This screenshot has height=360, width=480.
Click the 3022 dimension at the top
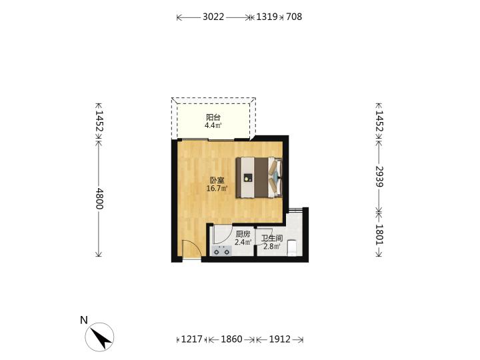[x=213, y=17]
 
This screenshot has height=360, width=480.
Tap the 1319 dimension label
[x=267, y=17]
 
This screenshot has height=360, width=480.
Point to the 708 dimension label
[x=294, y=17]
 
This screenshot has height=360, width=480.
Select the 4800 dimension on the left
[x=99, y=199]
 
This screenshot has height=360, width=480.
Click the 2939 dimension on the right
[x=379, y=176]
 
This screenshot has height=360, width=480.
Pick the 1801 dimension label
[x=379, y=235]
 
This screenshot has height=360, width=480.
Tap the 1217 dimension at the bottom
[x=192, y=339]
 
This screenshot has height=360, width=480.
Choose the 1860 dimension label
[x=231, y=339]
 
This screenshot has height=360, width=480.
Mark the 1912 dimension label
[x=280, y=339]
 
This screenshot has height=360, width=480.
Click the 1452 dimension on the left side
[x=99, y=121]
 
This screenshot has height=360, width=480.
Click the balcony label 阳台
[x=213, y=117]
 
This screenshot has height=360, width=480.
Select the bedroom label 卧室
[x=217, y=180]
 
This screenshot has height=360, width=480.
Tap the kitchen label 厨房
[x=243, y=235]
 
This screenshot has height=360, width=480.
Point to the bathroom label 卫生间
[x=272, y=238]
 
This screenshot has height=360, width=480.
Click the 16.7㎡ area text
[x=217, y=188]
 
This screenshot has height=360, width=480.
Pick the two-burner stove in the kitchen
[x=221, y=251]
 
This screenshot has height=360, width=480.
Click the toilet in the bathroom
[x=292, y=248]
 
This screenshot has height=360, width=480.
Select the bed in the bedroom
[x=259, y=177]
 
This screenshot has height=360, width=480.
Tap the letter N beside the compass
[x=83, y=320]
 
